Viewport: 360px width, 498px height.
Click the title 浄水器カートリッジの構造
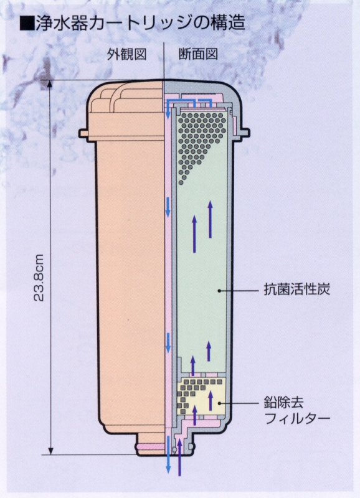tap(140, 23)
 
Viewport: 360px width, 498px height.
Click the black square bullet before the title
tap(27, 24)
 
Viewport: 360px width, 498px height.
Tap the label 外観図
tap(126, 54)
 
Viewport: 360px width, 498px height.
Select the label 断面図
tap(198, 54)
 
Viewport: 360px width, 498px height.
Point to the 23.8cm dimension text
tap(39, 277)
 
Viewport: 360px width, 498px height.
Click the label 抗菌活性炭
tap(296, 289)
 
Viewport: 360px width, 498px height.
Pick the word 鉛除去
tap(283, 402)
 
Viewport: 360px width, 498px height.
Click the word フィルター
tap(297, 418)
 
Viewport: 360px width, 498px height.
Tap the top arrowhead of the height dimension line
tap(49, 83)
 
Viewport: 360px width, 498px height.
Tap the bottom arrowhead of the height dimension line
tap(50, 451)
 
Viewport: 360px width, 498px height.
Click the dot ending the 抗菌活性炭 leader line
tap(219, 290)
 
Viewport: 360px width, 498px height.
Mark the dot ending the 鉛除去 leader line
tap(219, 403)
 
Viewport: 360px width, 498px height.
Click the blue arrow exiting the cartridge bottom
tap(168, 454)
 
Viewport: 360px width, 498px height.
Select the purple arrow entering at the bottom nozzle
tap(179, 457)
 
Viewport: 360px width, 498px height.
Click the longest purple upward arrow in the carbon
tap(210, 218)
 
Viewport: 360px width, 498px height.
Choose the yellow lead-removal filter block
tap(202, 396)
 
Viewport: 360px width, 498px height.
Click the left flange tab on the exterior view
tap(83, 133)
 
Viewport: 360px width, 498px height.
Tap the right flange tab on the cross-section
tap(244, 132)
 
